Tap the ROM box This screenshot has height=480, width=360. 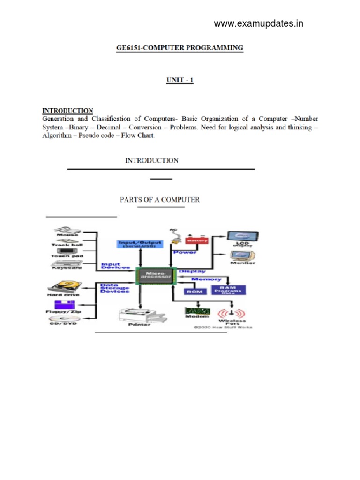192,291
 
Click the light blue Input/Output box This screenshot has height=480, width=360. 140,244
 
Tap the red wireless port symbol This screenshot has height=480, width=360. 233,313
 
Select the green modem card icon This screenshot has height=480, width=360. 197,311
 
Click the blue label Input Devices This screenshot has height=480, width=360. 116,266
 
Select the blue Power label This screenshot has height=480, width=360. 185,252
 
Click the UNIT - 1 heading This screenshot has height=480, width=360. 180,80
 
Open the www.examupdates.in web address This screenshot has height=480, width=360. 258,24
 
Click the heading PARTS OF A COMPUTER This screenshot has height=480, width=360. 160,200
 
